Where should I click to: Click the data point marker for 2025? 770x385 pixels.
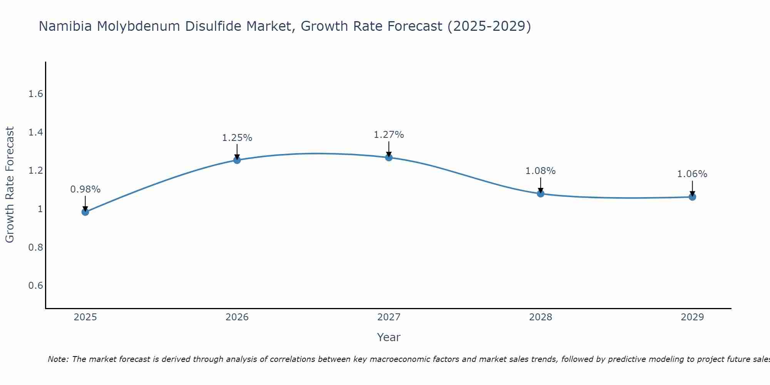tap(85, 212)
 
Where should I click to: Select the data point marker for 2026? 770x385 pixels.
tap(237, 160)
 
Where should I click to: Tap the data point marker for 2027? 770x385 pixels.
tap(389, 157)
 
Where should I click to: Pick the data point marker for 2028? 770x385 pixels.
tap(541, 193)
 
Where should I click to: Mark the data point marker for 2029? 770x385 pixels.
tap(692, 197)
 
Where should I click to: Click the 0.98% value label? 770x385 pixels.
tap(85, 189)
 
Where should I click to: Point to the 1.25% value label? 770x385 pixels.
tap(237, 138)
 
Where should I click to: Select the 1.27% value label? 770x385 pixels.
tap(389, 135)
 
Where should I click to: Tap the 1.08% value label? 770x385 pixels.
tap(541, 171)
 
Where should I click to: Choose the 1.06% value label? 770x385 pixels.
tap(692, 174)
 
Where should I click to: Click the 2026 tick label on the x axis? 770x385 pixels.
tap(237, 317)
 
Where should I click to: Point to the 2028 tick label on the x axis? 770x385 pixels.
tap(541, 317)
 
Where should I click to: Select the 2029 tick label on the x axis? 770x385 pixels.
tap(692, 317)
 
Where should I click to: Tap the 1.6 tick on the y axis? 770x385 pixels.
tap(36, 94)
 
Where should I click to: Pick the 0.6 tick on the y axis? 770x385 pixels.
tap(36, 285)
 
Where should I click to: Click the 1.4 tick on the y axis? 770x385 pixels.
tap(36, 132)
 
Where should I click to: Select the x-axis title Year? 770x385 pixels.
tap(389, 337)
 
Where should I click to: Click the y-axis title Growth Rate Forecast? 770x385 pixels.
tap(10, 185)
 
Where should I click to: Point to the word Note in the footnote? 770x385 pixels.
tap(57, 359)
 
